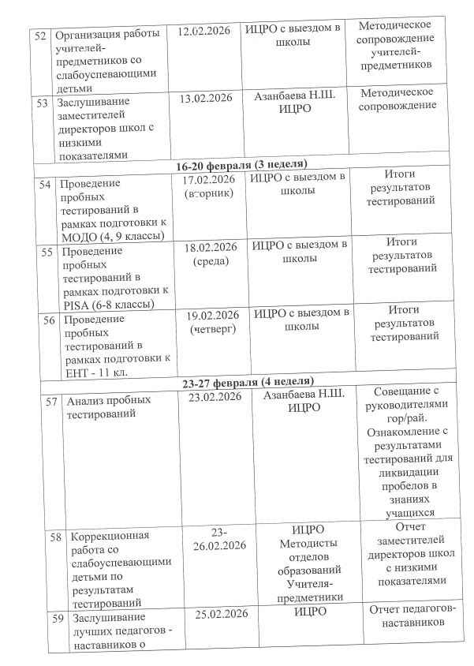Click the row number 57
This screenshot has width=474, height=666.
pos(52,400)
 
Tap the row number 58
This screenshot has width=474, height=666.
pos(55,536)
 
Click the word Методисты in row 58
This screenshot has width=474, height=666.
pos(310,543)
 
